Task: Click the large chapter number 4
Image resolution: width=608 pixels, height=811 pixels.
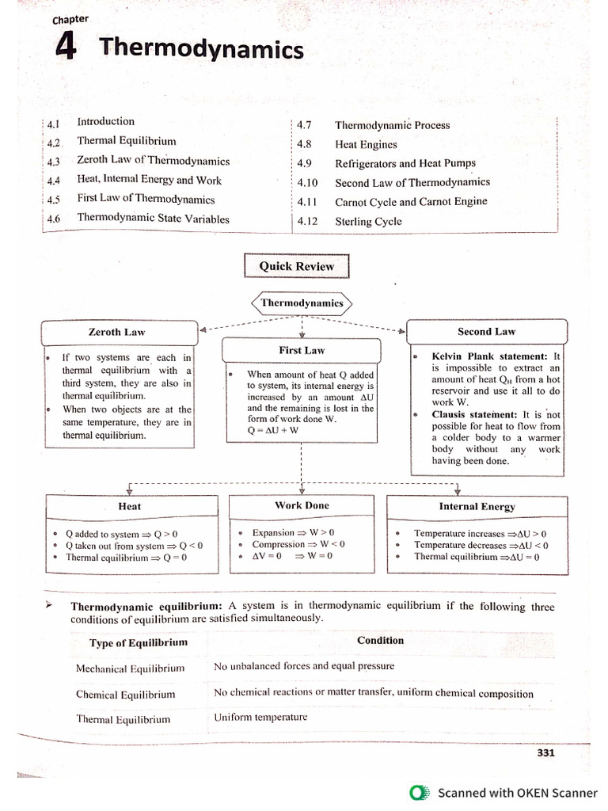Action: click(x=66, y=48)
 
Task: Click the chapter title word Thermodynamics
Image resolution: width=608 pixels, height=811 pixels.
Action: click(x=201, y=50)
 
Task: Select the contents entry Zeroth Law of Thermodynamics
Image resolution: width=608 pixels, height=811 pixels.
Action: click(x=153, y=161)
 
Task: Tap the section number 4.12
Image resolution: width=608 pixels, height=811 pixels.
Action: click(x=307, y=222)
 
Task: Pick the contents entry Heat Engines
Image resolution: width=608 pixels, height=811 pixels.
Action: click(x=366, y=145)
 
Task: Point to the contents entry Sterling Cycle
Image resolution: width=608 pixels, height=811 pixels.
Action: click(x=368, y=222)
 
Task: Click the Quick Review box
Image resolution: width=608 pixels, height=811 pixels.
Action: click(x=296, y=266)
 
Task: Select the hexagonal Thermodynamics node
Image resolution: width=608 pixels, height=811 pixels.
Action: click(x=302, y=303)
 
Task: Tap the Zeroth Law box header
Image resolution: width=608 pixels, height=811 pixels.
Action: click(x=116, y=332)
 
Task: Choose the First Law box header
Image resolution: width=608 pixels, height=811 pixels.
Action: click(x=302, y=350)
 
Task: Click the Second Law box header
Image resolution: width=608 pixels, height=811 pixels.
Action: click(x=486, y=332)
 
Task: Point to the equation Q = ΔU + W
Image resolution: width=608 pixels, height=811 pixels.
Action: click(x=273, y=431)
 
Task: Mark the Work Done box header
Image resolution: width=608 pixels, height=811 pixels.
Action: click(x=302, y=505)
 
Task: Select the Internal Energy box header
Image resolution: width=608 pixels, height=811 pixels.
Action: click(x=477, y=507)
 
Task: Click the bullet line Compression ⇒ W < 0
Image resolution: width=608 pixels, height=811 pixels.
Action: click(x=298, y=545)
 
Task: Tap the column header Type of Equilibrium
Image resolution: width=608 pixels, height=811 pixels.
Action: click(x=139, y=643)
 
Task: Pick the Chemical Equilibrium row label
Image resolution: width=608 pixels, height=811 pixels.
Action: click(x=126, y=695)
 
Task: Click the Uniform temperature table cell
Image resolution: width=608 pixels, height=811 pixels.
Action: click(x=260, y=718)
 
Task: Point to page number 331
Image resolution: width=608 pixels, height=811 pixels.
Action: click(x=545, y=753)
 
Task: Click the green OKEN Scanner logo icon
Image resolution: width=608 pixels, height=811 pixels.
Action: click(x=416, y=792)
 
